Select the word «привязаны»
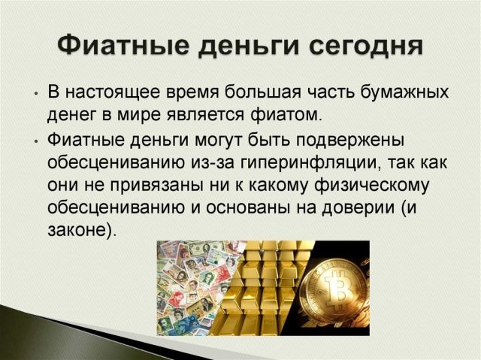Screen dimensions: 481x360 156,186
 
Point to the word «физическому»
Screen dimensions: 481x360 371,186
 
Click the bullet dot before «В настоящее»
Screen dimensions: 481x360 37,93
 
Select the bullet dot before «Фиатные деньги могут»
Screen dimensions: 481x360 37,141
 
